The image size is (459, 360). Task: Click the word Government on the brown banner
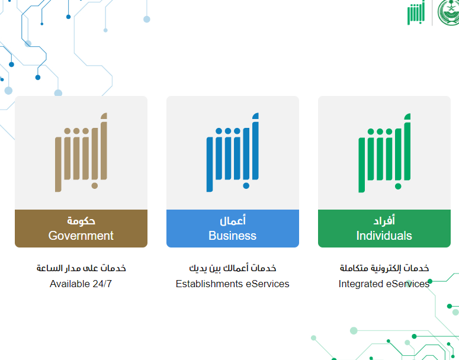pyautogui.click(x=81, y=236)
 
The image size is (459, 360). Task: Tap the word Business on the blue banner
pyautogui.click(x=232, y=236)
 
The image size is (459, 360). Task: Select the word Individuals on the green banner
pyautogui.click(x=384, y=236)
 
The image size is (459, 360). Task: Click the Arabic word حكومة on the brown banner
pyautogui.click(x=81, y=221)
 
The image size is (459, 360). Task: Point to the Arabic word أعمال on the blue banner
pyautogui.click(x=233, y=220)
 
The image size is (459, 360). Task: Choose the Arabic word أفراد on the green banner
pyautogui.click(x=384, y=220)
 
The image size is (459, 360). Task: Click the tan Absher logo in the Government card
pyautogui.click(x=81, y=152)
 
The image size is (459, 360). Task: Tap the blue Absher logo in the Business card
pyautogui.click(x=232, y=152)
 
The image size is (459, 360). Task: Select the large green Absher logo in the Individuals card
pyautogui.click(x=384, y=153)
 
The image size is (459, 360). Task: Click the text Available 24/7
pyautogui.click(x=81, y=284)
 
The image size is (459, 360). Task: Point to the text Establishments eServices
pyautogui.click(x=232, y=284)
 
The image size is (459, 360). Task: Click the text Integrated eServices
pyautogui.click(x=384, y=284)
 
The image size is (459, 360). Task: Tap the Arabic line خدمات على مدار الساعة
pyautogui.click(x=81, y=268)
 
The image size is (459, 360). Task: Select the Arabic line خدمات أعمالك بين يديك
pyautogui.click(x=233, y=268)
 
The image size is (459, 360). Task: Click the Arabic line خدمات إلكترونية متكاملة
pyautogui.click(x=384, y=268)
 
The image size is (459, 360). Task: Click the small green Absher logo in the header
pyautogui.click(x=416, y=13)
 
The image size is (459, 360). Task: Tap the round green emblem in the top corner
pyautogui.click(x=448, y=12)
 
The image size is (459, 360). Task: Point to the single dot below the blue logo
pyautogui.click(x=246, y=185)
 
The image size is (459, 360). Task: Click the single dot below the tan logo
pyautogui.click(x=95, y=185)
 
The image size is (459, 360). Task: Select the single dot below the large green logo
pyautogui.click(x=398, y=186)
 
